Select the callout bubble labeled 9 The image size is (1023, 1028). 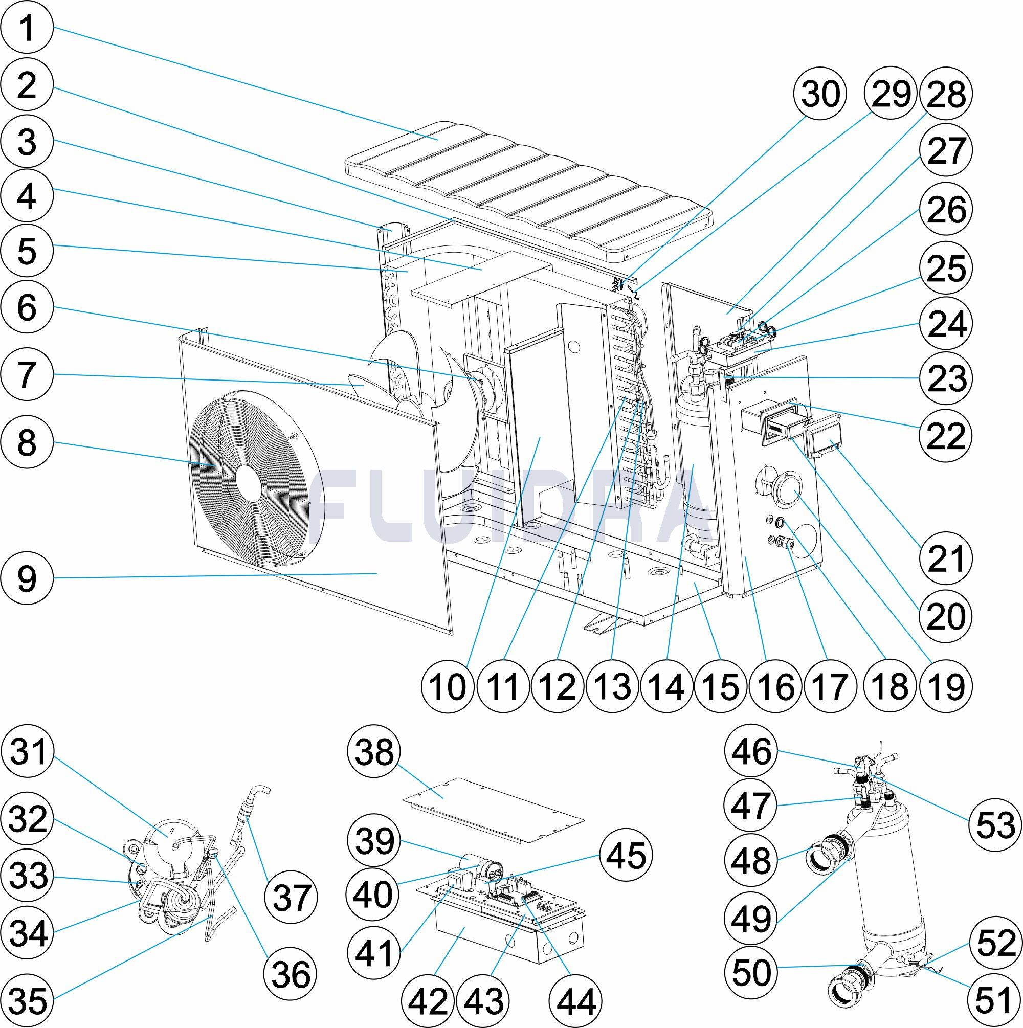[x=27, y=578]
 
